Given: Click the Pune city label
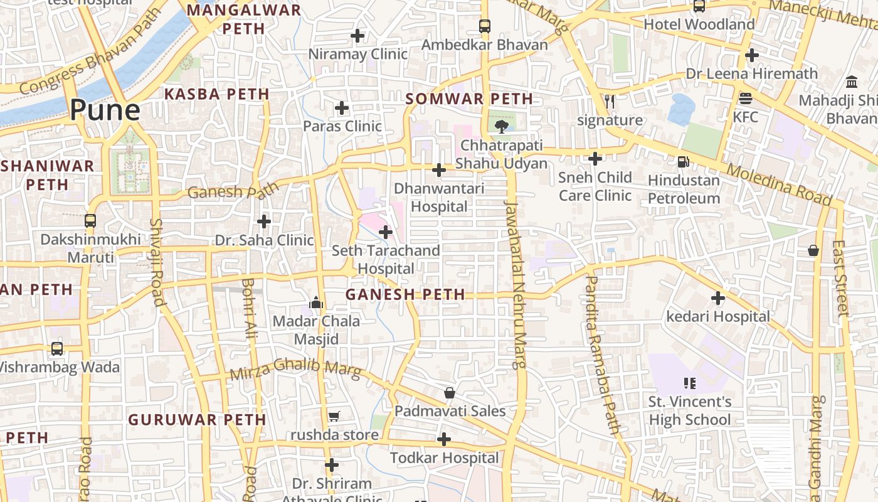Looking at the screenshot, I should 105,110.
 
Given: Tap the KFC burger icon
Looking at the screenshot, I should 745,99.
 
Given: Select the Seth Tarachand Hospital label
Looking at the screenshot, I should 385,259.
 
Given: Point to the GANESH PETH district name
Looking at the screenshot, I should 405,294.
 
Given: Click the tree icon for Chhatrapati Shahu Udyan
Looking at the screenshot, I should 500,127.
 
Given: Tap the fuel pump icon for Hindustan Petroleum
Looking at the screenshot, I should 683,162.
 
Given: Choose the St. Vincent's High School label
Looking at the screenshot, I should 690,410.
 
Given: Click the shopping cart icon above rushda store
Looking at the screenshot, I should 334,417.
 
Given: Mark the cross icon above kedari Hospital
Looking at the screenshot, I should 718,298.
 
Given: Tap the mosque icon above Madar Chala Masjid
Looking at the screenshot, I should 316,304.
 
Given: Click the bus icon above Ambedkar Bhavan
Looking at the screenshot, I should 484,26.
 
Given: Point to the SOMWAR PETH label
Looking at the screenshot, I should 469,99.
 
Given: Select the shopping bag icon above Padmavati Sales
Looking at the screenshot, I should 450,393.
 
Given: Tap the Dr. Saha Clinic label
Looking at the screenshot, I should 264,240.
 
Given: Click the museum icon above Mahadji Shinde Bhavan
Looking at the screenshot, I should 852,82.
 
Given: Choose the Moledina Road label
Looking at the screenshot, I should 780,184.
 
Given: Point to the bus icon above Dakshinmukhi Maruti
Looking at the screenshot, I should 90,221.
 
